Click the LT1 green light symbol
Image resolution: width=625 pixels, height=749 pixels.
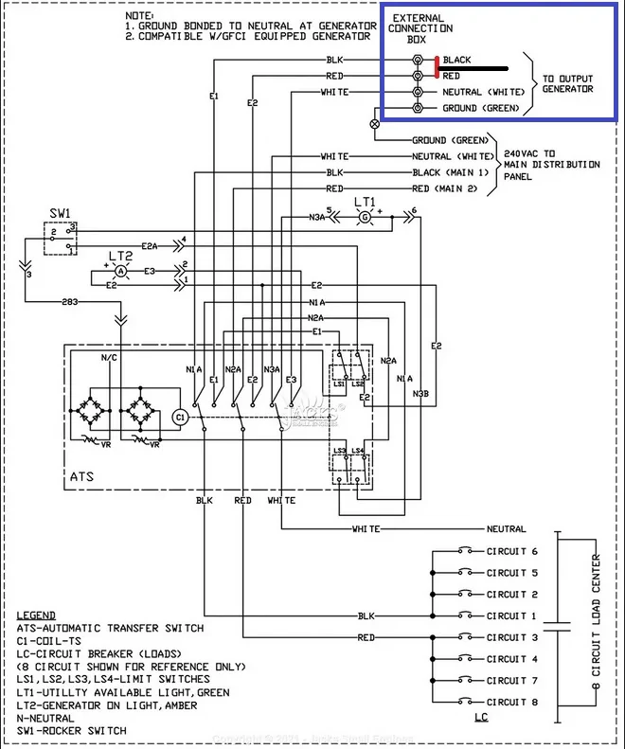(365, 217)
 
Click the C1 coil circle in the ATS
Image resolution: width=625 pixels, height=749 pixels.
(181, 416)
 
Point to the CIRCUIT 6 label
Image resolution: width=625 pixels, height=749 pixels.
(512, 551)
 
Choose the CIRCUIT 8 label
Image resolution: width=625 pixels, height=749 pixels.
(512, 702)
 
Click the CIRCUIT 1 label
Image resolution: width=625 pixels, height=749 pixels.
(512, 615)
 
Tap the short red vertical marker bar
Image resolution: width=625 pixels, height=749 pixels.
(437, 66)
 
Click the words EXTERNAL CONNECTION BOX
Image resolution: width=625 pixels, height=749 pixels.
(417, 29)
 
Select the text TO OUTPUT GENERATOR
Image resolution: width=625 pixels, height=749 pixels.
(568, 83)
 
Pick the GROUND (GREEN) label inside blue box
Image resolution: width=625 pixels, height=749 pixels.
(481, 109)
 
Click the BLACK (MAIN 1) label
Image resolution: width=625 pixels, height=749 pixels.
(451, 172)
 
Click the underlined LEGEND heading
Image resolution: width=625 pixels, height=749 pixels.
(36, 615)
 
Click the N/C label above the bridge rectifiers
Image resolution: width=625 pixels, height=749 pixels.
(110, 359)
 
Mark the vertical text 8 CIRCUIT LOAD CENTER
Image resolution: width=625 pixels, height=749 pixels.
(596, 625)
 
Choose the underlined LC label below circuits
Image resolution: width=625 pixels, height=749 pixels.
(480, 719)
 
